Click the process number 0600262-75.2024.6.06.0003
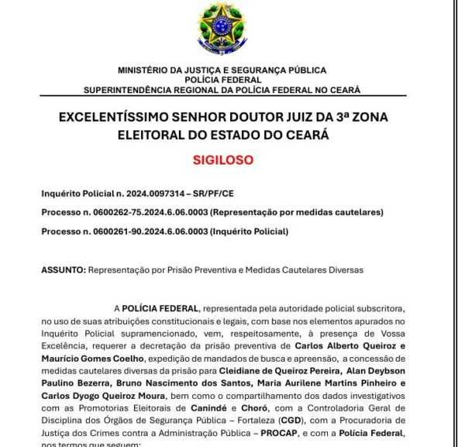pyautogui.click(x=146, y=212)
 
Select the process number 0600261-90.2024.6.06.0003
pyautogui.click(x=146, y=231)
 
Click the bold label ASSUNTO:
pyautogui.click(x=63, y=269)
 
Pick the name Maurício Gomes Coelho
pyautogui.click(x=92, y=358)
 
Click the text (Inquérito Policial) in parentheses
pyautogui.click(x=253, y=231)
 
